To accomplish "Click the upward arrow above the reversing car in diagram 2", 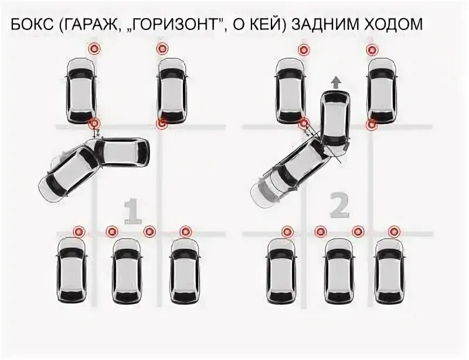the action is coord(336,81).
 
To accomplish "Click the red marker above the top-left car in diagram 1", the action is coord(93,49).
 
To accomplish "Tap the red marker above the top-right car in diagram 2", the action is coord(371,50).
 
